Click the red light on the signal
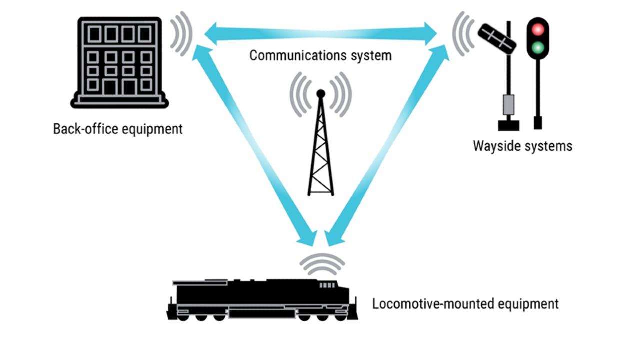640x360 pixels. tap(538, 29)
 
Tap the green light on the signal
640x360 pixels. tap(538, 48)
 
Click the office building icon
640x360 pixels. tap(119, 62)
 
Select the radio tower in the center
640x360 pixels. tap(321, 150)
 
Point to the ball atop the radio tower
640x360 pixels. tap(321, 93)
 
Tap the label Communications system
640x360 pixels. tap(320, 55)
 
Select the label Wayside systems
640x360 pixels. tap(522, 146)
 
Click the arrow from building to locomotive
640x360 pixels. tap(255, 145)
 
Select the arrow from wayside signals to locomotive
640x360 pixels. tap(387, 145)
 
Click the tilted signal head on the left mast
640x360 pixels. tap(496, 38)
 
